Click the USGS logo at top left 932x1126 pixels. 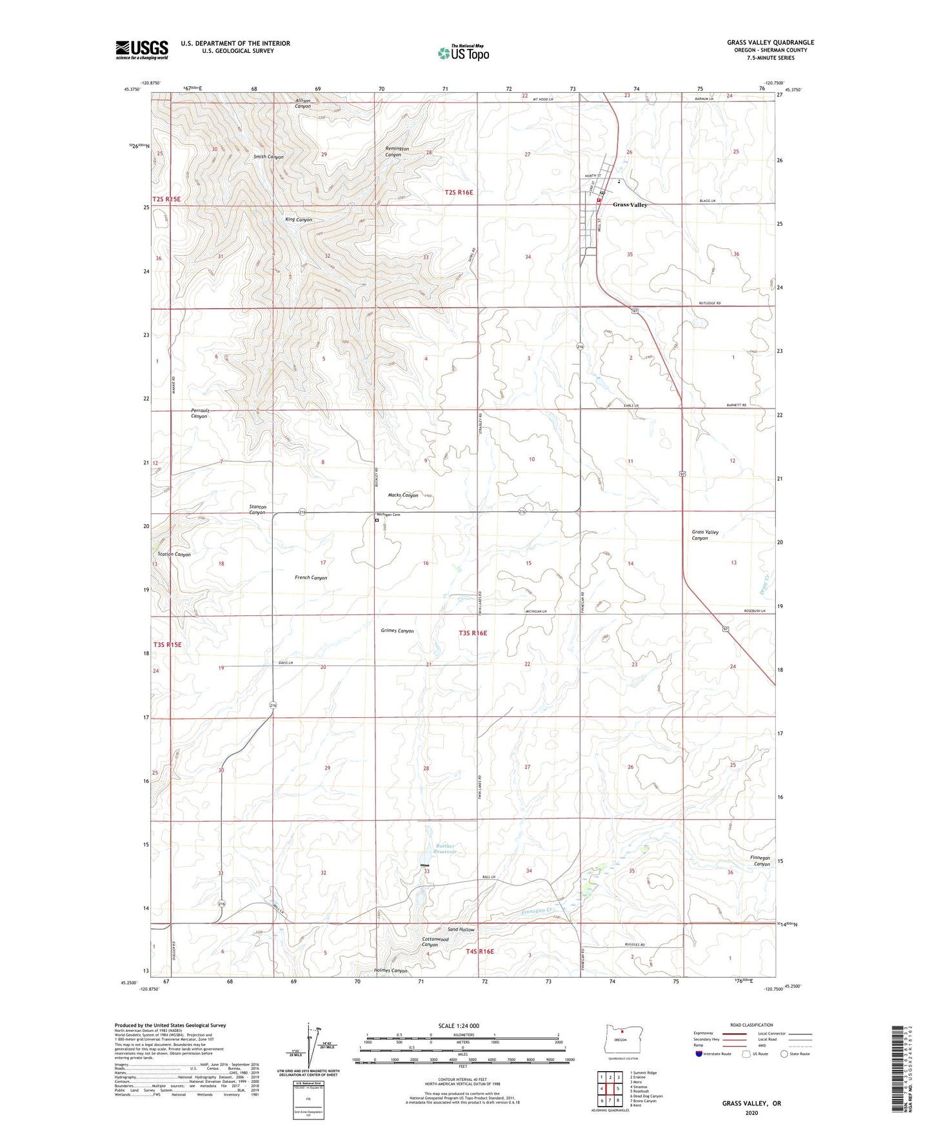[142, 50]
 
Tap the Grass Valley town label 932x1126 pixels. [630, 204]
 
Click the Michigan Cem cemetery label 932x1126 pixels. [388, 515]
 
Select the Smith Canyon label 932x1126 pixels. [268, 157]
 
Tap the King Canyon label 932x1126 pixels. [299, 220]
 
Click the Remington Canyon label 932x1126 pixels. [397, 152]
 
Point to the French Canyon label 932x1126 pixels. [311, 578]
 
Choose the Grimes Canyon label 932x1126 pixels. [397, 631]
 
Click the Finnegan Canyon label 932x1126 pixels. [762, 861]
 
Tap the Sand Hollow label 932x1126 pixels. [461, 929]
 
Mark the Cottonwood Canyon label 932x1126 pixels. [435, 942]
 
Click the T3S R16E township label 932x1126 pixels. [473, 633]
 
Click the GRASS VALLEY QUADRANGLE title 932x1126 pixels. [770, 43]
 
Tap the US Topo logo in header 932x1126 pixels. [463, 53]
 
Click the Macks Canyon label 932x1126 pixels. [403, 495]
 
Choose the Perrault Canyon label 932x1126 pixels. [200, 413]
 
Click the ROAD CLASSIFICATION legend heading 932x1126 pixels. [751, 1025]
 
